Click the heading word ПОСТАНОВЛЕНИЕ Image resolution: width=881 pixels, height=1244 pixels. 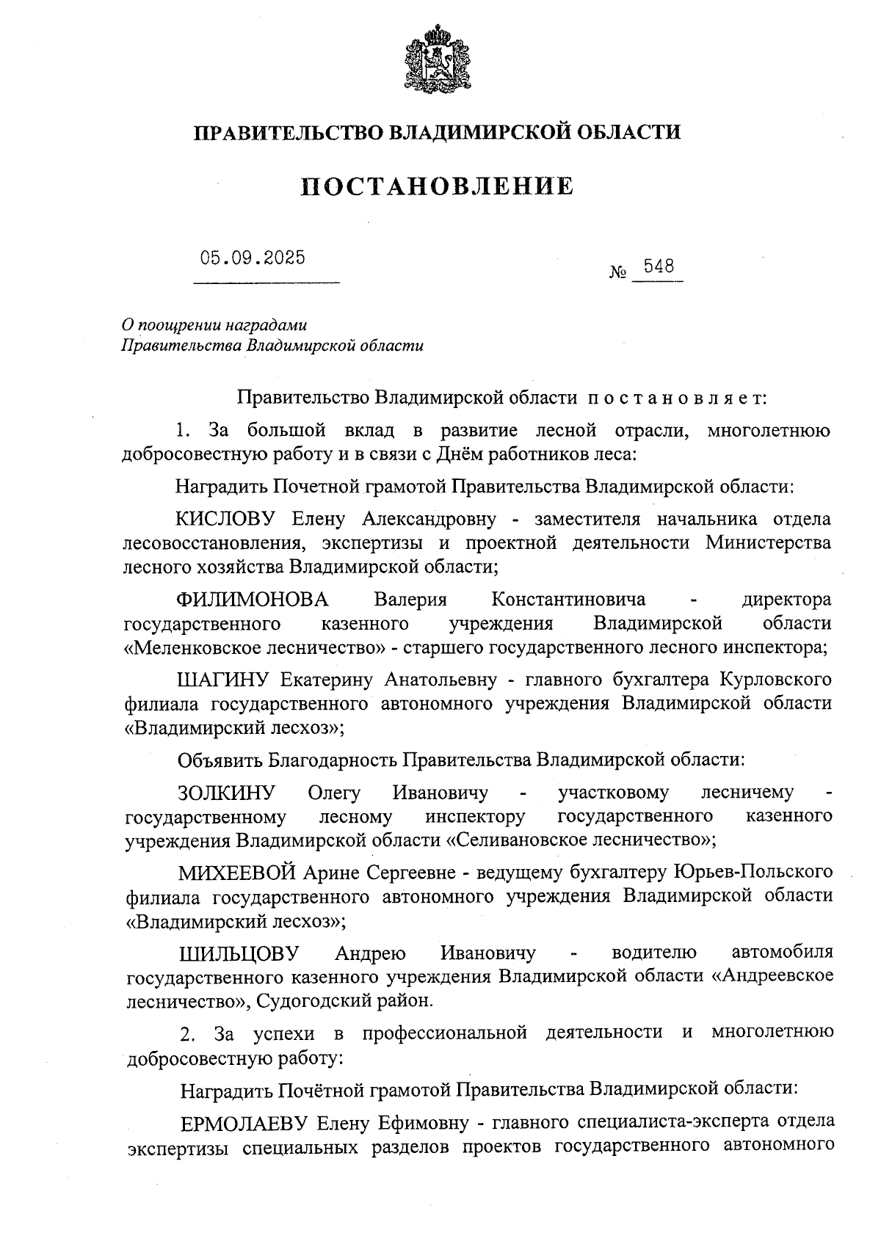(x=438, y=186)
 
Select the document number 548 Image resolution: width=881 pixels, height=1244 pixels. (x=658, y=266)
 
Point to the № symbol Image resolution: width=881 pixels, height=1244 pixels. (x=618, y=272)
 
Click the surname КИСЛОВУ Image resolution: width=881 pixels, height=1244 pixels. (x=225, y=520)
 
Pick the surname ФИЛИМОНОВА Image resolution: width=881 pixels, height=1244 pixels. (x=253, y=600)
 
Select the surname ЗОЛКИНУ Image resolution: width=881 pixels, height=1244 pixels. (x=226, y=793)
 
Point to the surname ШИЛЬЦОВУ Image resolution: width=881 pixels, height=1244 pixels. (x=239, y=953)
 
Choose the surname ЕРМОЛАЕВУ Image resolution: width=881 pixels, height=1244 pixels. (x=244, y=1123)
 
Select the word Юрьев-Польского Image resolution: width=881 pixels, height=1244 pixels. (x=753, y=873)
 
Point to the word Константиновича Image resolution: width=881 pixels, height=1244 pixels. (x=568, y=600)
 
